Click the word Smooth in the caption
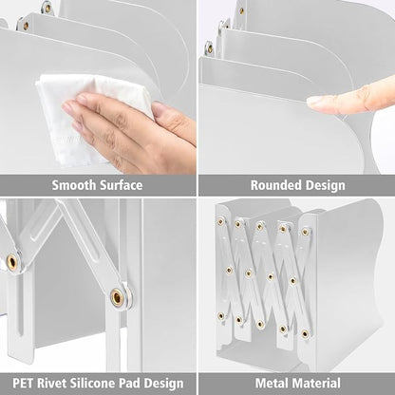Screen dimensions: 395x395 tap(74, 185)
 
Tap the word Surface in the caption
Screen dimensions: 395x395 tap(121, 185)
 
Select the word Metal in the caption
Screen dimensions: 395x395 tap(271, 383)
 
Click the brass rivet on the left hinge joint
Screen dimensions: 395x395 tap(12, 261)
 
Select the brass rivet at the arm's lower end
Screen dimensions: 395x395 tap(117, 297)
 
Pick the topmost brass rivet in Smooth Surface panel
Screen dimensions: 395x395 tap(47, 9)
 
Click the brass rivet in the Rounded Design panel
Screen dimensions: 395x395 tap(241, 11)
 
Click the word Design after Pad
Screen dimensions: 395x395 tap(163, 384)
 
